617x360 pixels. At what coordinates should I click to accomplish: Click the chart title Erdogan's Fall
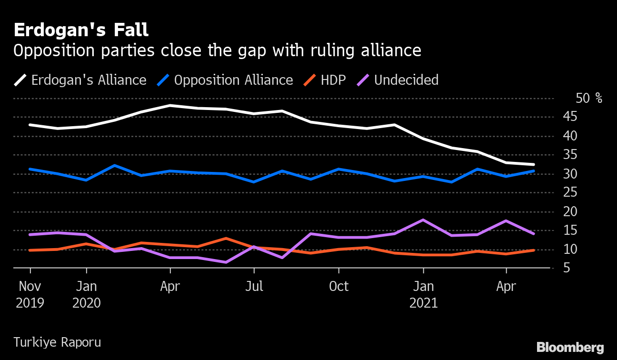coord(81,30)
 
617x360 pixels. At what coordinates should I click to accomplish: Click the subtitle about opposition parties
coord(217,50)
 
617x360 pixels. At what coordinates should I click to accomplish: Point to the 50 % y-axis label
coord(588,99)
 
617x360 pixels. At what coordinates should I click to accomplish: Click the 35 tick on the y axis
coord(583,155)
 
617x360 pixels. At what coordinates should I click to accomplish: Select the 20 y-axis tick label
coord(583,212)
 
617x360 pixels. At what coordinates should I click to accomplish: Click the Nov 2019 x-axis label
coord(30,294)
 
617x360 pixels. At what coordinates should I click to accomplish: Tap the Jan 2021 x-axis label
coord(423,294)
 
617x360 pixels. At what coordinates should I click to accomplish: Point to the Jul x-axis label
coord(254,287)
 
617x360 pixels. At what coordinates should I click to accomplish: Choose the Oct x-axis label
coord(338,287)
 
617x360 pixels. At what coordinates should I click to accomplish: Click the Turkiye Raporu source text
coord(57,342)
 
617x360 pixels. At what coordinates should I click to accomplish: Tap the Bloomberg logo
coord(570,348)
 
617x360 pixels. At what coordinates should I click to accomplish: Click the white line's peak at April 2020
coord(170,105)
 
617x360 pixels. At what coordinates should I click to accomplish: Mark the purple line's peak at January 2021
coord(423,220)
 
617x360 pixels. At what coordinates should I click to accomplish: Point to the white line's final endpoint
coord(534,165)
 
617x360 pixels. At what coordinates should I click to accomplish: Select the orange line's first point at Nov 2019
coord(30,250)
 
